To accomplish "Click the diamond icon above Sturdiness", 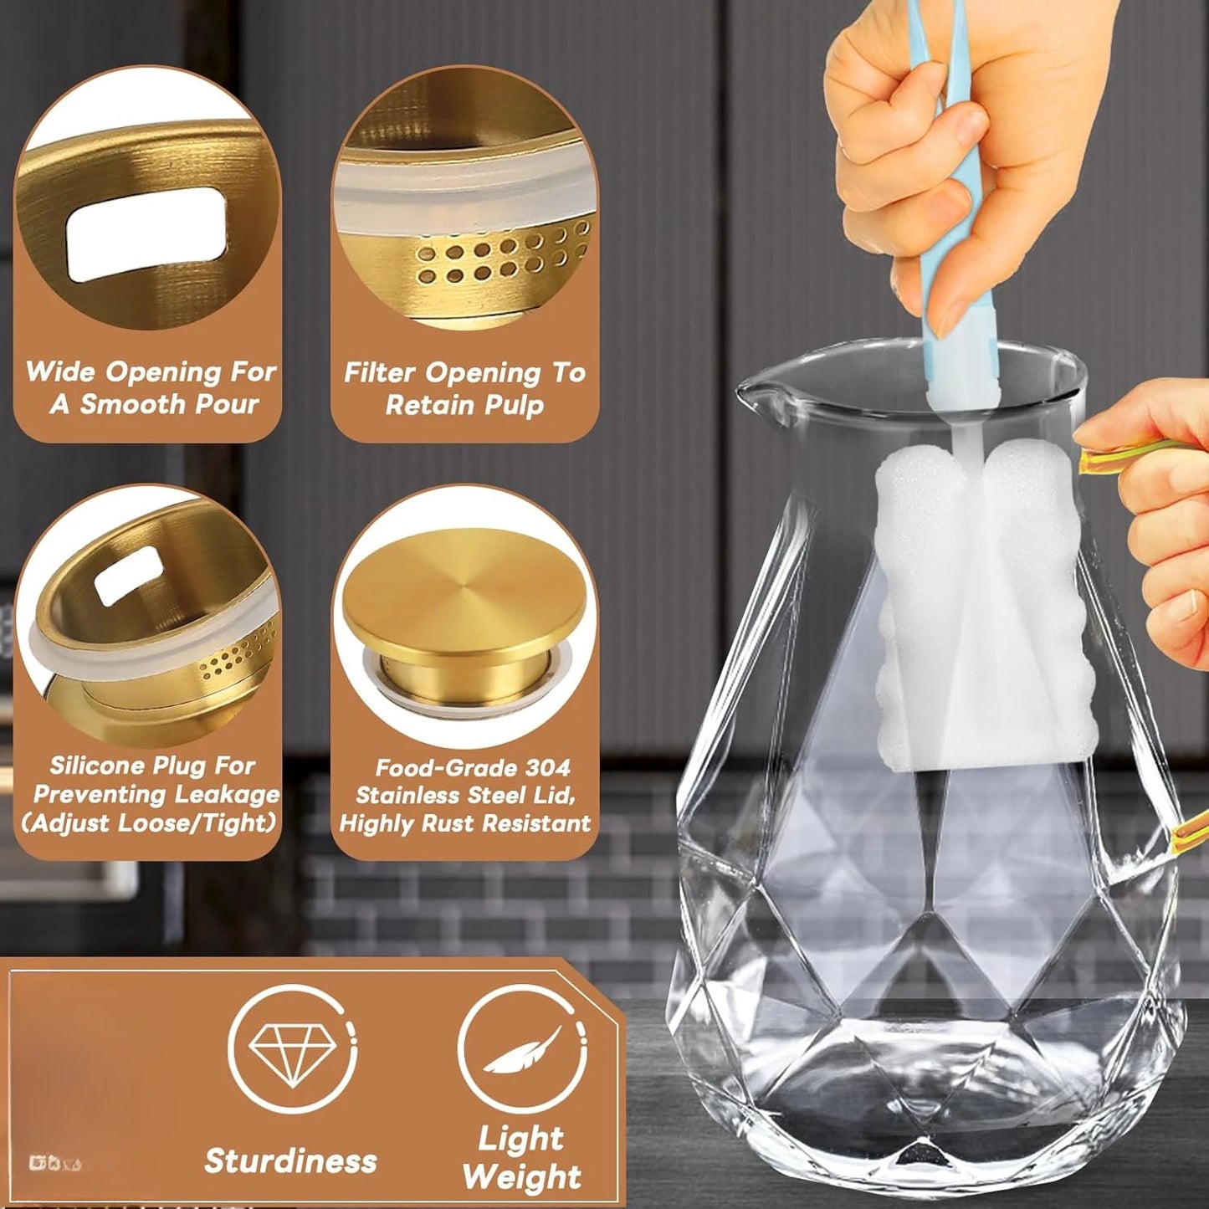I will (292, 1049).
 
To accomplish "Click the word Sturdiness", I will (290, 1161).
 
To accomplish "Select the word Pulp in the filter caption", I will (513, 406).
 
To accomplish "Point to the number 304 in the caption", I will (548, 767).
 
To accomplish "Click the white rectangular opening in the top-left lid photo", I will (146, 233).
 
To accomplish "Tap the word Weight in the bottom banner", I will (521, 1177).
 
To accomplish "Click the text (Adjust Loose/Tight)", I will (148, 823).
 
